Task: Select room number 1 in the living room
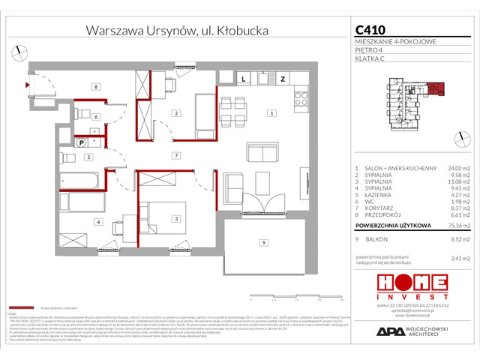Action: click(271, 113)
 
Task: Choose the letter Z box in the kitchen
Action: click(283, 78)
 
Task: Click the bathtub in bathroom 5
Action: click(78, 180)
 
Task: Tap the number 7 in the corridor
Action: click(175, 155)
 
